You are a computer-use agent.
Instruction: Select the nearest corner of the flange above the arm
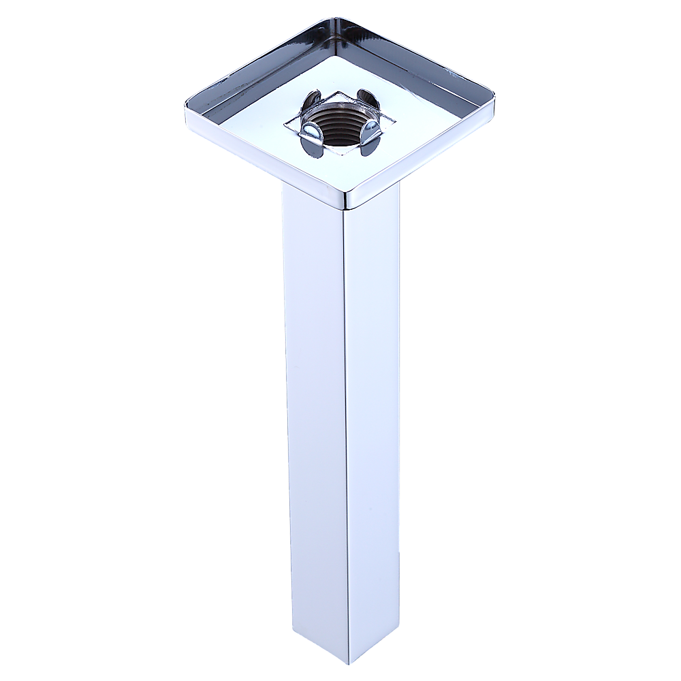click(x=348, y=203)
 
